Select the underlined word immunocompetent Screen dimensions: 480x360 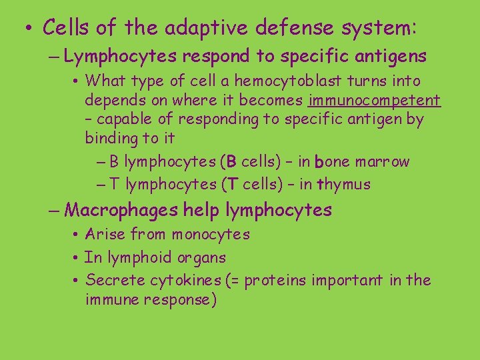[374, 101]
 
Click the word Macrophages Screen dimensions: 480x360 [122, 211]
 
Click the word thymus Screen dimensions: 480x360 [343, 185]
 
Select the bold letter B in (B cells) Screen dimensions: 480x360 [231, 162]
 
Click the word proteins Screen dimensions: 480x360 [277, 281]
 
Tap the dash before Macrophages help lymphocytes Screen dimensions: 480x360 [55, 211]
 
